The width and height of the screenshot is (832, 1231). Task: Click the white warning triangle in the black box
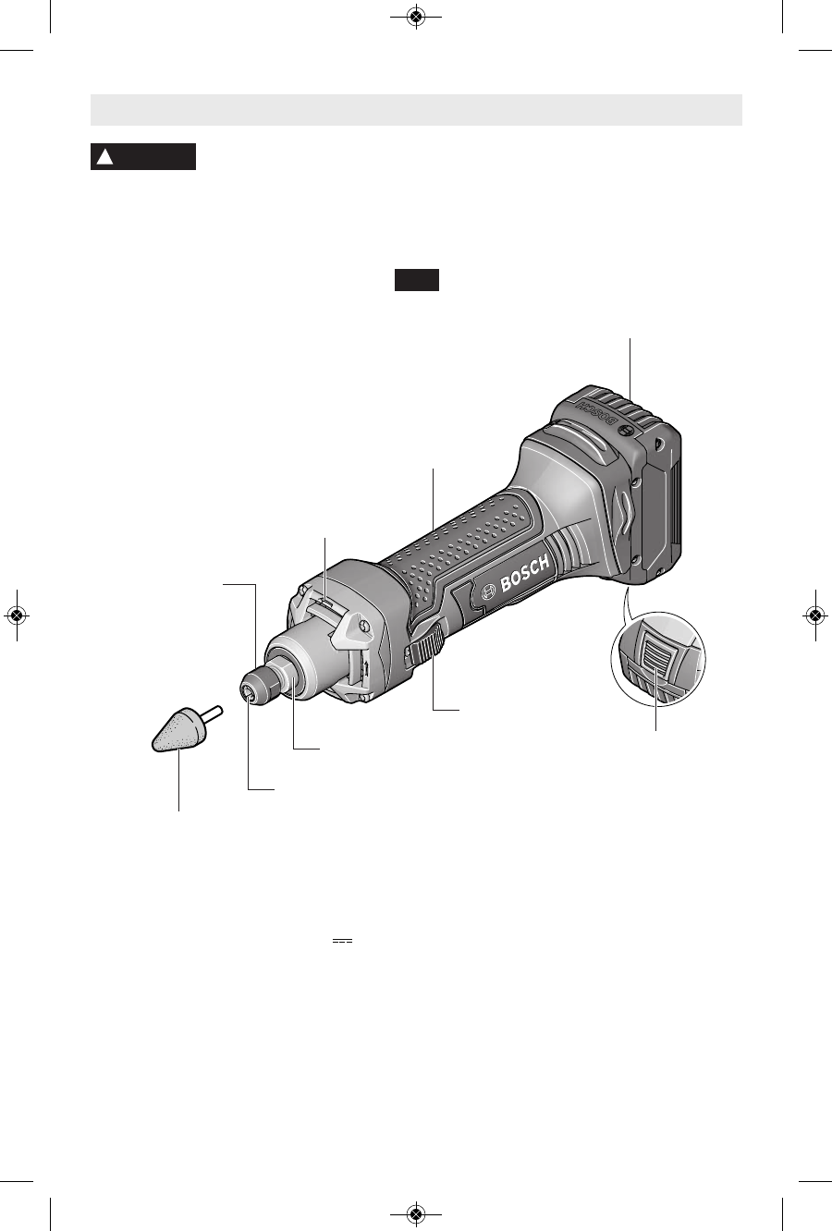click(104, 157)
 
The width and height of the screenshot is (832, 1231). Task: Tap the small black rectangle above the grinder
click(417, 280)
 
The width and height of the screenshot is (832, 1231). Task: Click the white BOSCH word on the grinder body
click(524, 575)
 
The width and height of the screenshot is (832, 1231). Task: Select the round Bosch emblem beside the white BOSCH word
click(488, 591)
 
